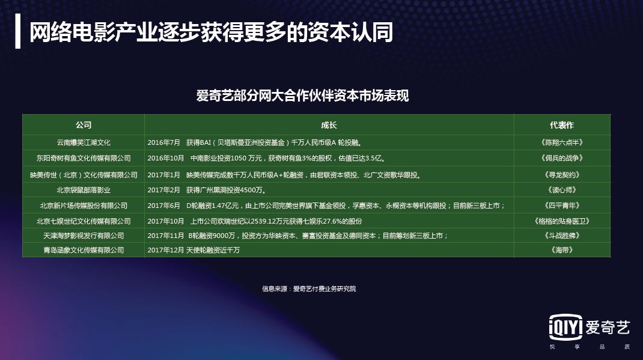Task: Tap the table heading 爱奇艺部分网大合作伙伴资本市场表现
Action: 302,96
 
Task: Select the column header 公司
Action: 84,125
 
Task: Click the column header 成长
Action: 329,125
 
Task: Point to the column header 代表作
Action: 562,125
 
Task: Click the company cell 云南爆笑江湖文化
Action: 84,143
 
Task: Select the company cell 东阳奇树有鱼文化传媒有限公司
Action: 84,159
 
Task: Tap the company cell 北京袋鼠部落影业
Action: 84,190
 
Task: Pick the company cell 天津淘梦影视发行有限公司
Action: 84,235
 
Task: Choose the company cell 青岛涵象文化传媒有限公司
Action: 84,250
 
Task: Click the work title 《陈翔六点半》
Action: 562,143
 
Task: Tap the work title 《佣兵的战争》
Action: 562,159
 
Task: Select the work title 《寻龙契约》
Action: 562,175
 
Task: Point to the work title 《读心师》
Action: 562,190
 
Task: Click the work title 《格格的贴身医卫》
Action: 562,221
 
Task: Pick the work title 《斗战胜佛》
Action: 562,235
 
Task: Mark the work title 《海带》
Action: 562,250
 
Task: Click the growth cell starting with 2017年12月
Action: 194,250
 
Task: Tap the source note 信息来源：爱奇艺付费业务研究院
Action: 309,289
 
